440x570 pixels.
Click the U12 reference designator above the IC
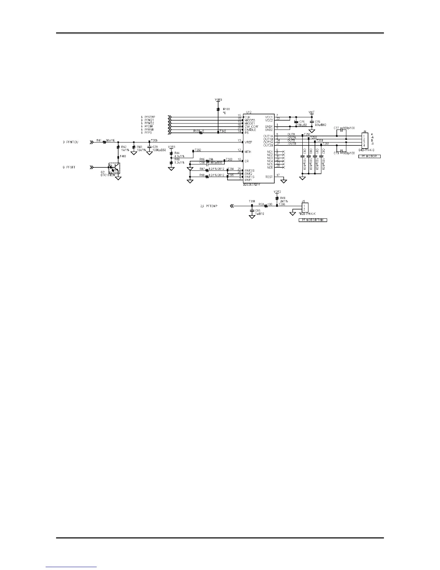pos(248,112)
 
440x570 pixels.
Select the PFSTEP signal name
pos(150,117)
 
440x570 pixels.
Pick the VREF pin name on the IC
pos(248,142)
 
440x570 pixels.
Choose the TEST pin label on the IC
pos(269,177)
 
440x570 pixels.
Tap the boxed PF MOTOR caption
pos(369,156)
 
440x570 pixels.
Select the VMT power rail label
pos(312,112)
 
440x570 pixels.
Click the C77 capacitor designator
pos(336,128)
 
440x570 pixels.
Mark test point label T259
pos(154,140)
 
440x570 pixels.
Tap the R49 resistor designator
pos(283,198)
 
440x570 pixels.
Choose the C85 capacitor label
pos(258,211)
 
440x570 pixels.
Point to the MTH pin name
pos(248,152)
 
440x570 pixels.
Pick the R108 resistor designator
pos(226,109)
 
